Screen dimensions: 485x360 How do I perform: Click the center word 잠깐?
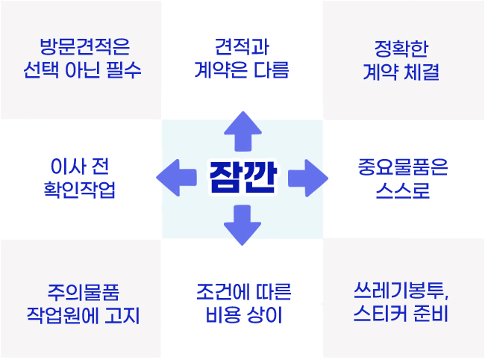pos(242,177)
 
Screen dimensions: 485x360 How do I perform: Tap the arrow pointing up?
pos(242,131)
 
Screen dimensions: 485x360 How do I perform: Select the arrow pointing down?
pos(242,225)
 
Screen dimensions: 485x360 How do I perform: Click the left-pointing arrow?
pos(177,178)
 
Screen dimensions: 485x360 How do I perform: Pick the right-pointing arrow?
pos(308,178)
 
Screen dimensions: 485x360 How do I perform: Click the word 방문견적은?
pos(85,47)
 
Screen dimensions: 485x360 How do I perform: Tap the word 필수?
pos(124,69)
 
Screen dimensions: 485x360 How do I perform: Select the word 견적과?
pos(242,47)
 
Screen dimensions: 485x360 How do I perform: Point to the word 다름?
pos(272,69)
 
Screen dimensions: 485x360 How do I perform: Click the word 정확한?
pos(401,49)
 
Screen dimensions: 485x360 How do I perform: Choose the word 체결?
pos(422,72)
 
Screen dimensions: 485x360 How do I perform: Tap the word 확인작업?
pos(80,190)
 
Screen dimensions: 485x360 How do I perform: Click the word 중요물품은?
pos(403,167)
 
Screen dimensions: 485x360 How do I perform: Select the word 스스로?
pos(403,190)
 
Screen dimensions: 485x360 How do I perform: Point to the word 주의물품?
pos(84,292)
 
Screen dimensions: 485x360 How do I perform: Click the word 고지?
pos(122,315)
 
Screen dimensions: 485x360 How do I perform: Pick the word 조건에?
pos(222,291)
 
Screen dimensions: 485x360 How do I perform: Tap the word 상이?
pos(264,314)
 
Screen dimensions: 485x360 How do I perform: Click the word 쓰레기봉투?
pos(399,291)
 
